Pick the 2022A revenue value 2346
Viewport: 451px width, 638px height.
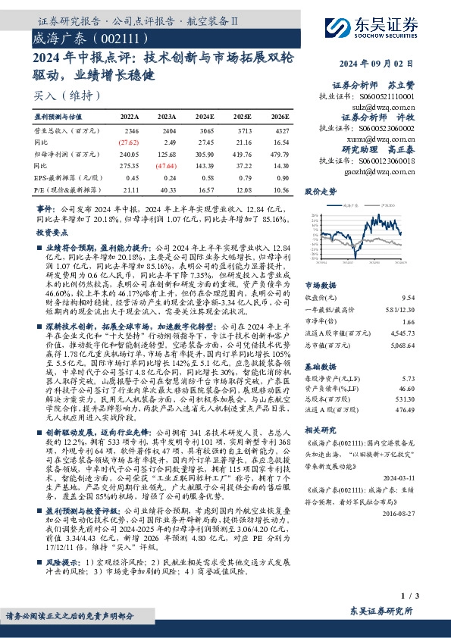[x=129, y=131]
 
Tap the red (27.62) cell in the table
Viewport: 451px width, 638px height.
[x=128, y=142]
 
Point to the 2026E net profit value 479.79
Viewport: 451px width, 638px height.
[x=280, y=153]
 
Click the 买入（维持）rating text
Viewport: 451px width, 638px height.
[x=62, y=96]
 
